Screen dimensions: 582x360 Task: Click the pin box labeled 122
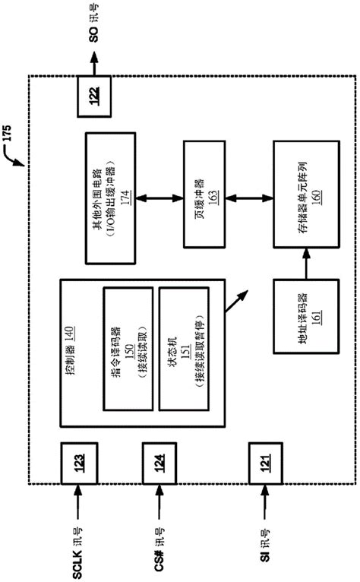[95, 97]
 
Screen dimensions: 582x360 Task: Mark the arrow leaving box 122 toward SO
[95, 63]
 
